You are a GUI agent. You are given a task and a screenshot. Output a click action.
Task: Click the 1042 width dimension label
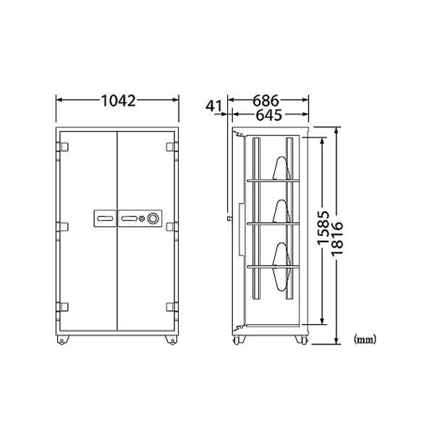[x=119, y=101]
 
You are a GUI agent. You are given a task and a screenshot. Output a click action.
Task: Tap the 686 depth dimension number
[x=266, y=101]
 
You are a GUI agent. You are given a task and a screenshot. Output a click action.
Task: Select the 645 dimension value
[x=268, y=115]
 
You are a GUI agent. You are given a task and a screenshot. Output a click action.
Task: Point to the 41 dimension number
[x=213, y=106]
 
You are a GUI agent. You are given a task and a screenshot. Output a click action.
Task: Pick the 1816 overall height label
[x=337, y=239]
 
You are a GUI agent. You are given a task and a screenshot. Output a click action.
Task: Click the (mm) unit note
[x=365, y=339]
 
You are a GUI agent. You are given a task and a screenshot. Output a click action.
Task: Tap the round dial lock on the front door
[x=153, y=218]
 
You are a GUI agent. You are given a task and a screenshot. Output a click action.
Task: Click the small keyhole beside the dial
[x=142, y=218]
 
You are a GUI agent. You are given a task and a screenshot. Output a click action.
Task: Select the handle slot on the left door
[x=106, y=218]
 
